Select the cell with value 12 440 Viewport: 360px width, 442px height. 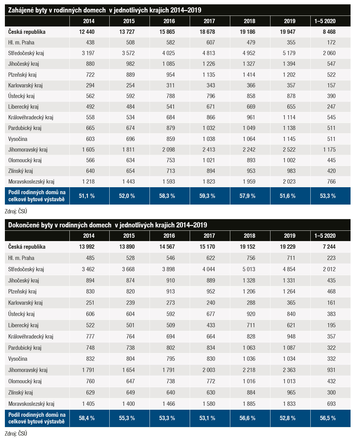(x=86, y=32)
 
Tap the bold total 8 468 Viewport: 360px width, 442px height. (x=329, y=32)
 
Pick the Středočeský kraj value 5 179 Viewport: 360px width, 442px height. (x=289, y=53)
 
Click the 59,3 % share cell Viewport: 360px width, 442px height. (x=207, y=196)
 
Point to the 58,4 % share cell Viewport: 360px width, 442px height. (x=86, y=418)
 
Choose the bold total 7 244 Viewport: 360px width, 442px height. (x=329, y=247)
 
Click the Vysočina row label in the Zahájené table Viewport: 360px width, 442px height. (x=18, y=139)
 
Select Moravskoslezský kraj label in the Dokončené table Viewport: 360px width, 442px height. (x=31, y=404)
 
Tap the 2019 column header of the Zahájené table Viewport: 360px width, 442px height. (x=290, y=21)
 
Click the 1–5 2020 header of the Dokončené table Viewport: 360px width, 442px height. (x=325, y=236)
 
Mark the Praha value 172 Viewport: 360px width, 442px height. (x=331, y=43)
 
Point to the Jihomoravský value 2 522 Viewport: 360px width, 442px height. (x=289, y=149)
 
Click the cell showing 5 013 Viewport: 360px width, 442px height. (x=249, y=269)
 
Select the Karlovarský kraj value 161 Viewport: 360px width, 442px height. (x=331, y=303)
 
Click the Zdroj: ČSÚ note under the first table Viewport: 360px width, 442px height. (x=16, y=212)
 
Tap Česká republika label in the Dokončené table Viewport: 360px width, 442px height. (x=27, y=247)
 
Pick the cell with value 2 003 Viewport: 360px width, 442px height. (x=209, y=370)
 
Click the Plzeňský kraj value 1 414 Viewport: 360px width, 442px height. (x=249, y=75)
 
